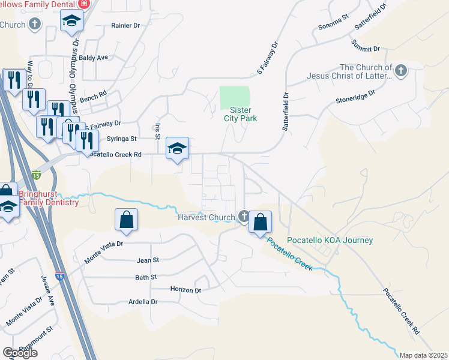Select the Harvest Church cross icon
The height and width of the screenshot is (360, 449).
(x=244, y=216)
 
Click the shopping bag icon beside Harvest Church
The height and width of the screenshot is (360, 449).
(x=260, y=223)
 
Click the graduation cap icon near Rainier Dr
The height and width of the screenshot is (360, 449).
(x=71, y=21)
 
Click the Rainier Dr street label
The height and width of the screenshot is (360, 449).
(x=125, y=26)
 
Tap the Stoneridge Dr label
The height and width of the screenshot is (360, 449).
(x=355, y=94)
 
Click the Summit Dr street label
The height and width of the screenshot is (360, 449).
(x=366, y=47)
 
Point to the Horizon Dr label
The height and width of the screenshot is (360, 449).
(x=185, y=290)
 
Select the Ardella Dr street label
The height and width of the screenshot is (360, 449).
(x=143, y=302)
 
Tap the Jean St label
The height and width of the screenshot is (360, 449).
(x=148, y=260)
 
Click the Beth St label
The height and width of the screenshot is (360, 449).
(x=146, y=277)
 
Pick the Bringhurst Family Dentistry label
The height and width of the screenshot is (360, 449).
(x=49, y=198)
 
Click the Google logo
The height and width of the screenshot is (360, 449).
(x=20, y=353)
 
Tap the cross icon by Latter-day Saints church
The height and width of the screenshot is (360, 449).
(x=401, y=72)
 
